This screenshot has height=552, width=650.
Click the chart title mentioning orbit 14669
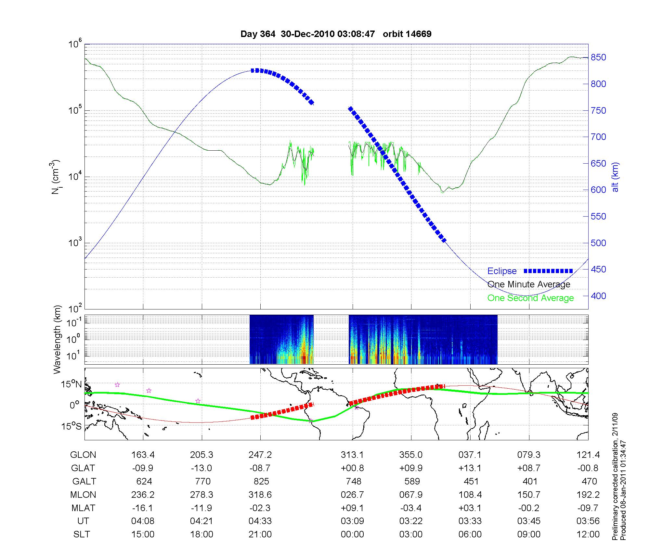click(x=336, y=34)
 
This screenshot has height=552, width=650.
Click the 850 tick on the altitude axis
click(x=598, y=57)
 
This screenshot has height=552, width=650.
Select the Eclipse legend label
click(x=502, y=271)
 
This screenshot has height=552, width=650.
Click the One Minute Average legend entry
click(x=529, y=284)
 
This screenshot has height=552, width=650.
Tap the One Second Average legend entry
click(x=530, y=298)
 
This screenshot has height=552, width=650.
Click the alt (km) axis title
click(x=616, y=177)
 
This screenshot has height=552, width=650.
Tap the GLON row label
click(x=83, y=455)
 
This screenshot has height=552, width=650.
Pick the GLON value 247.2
click(x=260, y=455)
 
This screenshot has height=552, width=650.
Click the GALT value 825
click(x=261, y=481)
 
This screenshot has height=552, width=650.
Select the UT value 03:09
click(x=352, y=521)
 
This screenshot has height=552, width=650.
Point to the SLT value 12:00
click(x=588, y=534)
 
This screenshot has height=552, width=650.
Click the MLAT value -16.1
click(x=143, y=508)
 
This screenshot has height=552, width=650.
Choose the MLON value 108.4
click(x=470, y=495)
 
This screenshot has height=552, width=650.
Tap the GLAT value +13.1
click(x=470, y=468)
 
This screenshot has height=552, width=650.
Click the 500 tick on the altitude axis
click(x=598, y=243)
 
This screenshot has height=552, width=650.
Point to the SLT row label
click(x=82, y=534)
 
